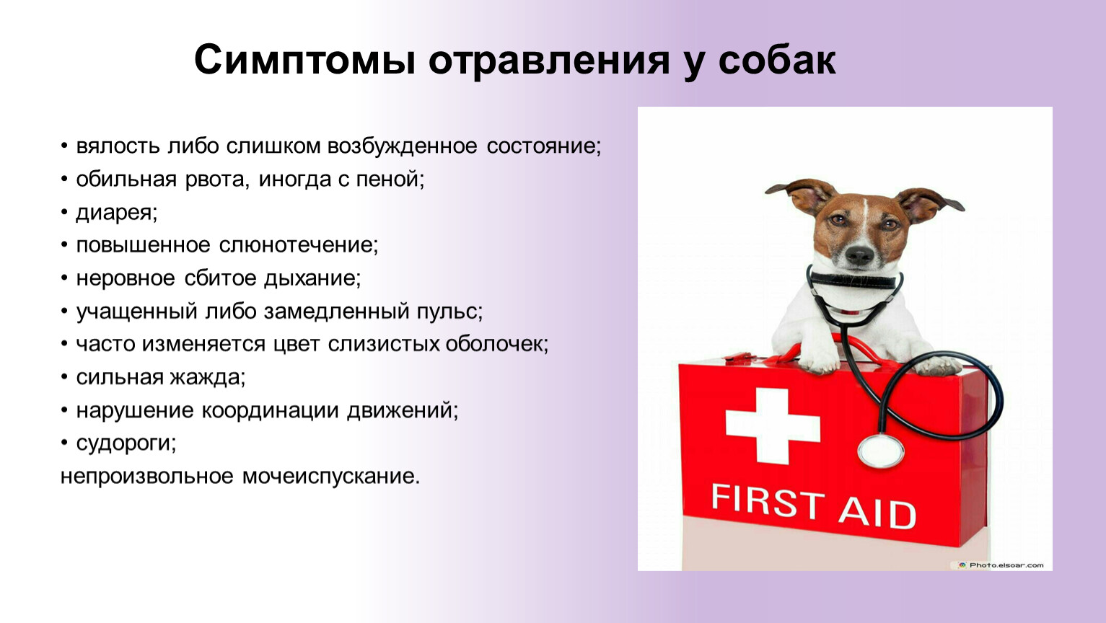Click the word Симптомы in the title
[304, 60]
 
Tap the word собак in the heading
[777, 60]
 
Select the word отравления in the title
[549, 61]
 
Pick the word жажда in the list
[207, 377]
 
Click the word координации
[270, 411]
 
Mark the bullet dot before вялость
[64, 146]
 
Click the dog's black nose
[859, 255]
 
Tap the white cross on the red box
[773, 426]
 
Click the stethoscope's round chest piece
[882, 451]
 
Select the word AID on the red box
[877, 513]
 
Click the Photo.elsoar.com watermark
[1001, 565]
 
